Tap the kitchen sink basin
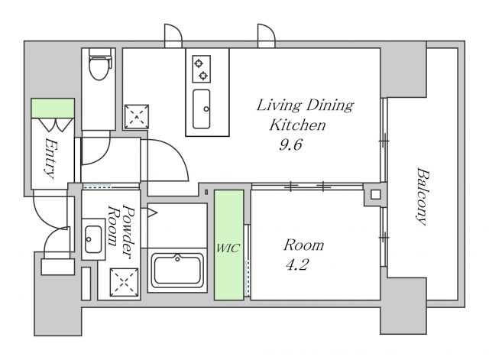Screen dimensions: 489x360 point(201,109)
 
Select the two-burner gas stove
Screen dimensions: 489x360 point(201,69)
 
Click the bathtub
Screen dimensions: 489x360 point(177,270)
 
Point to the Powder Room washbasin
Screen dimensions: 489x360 point(93,239)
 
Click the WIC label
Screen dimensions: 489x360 point(228,248)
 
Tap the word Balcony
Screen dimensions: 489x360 point(423,196)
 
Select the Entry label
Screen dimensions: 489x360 point(50,158)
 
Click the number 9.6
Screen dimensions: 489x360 point(290,144)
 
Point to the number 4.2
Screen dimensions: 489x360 point(297,265)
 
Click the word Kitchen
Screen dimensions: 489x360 point(297,125)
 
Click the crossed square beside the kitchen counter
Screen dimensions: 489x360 point(137,117)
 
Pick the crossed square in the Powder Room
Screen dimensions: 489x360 point(124,282)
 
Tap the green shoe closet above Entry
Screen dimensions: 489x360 point(53,109)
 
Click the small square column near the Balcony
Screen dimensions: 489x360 point(375,195)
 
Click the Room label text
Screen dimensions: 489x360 point(304,245)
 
